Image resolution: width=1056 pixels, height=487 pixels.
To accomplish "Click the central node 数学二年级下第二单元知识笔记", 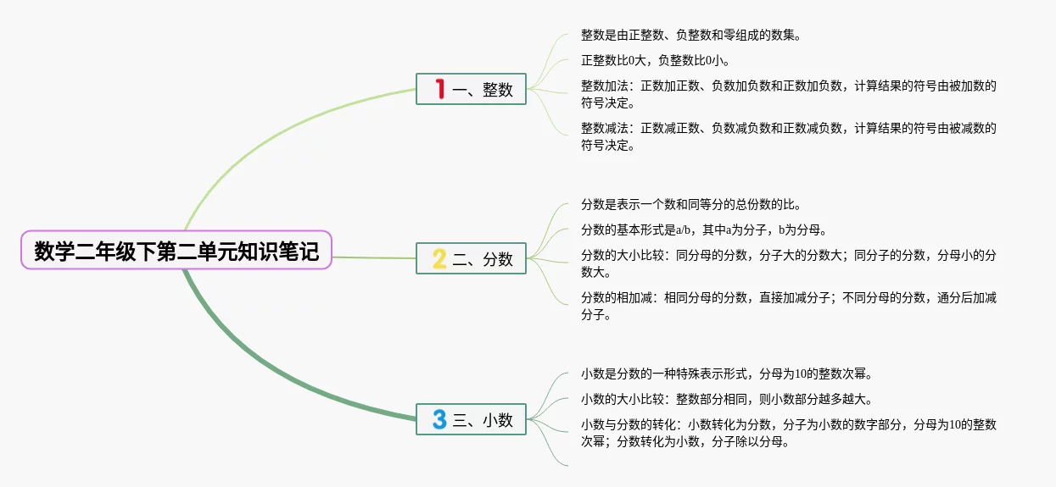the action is [x=176, y=251].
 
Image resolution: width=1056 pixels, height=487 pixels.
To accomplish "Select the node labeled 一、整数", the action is [x=471, y=89].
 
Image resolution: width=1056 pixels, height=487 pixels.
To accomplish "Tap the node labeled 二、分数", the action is [x=471, y=258].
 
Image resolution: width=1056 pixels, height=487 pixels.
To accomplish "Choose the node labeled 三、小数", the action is [x=471, y=419].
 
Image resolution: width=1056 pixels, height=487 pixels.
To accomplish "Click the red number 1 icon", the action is [x=439, y=88].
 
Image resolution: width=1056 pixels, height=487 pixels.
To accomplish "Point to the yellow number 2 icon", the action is [x=439, y=258].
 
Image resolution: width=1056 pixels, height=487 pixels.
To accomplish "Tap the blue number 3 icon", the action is [x=439, y=419].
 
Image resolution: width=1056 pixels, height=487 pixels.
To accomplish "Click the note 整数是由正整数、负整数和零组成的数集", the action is [x=690, y=36].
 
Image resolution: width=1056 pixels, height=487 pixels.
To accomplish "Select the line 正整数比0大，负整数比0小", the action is [x=655, y=61].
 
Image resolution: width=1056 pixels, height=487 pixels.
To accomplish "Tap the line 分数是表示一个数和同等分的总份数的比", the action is [x=690, y=205].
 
